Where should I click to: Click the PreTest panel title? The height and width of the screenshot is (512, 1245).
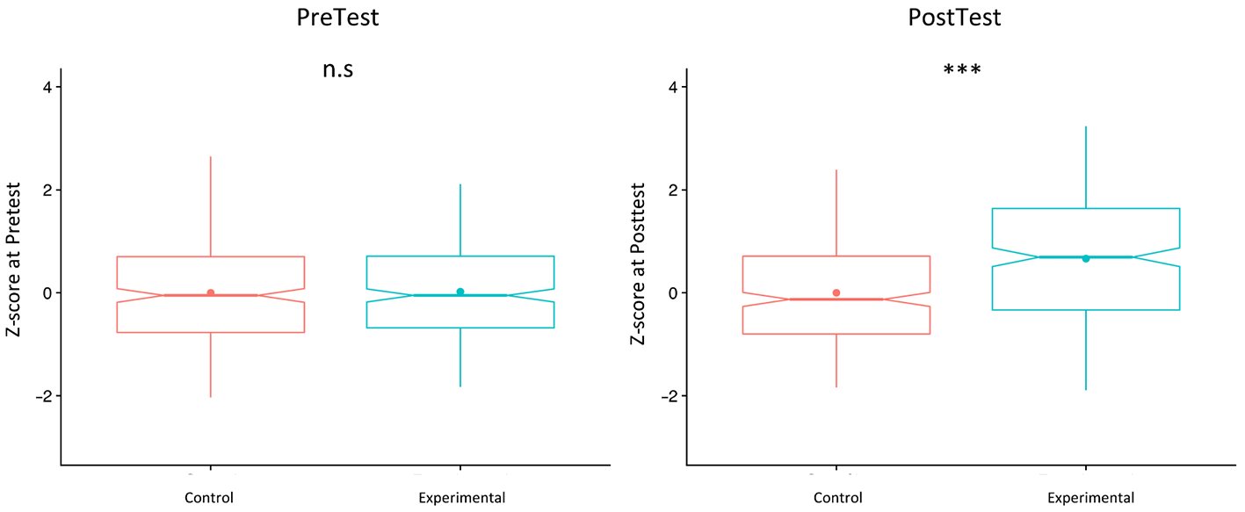(337, 18)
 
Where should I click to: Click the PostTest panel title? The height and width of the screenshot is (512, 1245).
(954, 18)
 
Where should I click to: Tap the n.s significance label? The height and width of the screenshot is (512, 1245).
(338, 70)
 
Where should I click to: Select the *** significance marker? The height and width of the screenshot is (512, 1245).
(962, 70)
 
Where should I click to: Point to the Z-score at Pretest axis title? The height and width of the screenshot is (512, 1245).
(13, 259)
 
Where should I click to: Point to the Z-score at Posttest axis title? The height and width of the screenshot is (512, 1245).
(638, 263)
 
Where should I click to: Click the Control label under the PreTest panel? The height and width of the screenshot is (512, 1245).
(209, 498)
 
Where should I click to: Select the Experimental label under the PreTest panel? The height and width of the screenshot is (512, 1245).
(462, 498)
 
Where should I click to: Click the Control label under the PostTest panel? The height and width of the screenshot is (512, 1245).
(838, 498)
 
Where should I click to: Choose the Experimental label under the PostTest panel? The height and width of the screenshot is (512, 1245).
(1091, 498)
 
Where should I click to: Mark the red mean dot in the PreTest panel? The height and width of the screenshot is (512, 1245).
(211, 292)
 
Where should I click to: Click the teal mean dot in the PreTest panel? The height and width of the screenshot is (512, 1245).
(460, 292)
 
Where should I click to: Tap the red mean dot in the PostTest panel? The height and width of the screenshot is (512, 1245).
(836, 292)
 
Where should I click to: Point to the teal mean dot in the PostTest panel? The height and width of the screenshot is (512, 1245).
(1086, 259)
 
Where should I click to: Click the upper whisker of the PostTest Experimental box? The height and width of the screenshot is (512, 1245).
(1086, 168)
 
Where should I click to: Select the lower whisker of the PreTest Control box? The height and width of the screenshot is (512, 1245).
(211, 364)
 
